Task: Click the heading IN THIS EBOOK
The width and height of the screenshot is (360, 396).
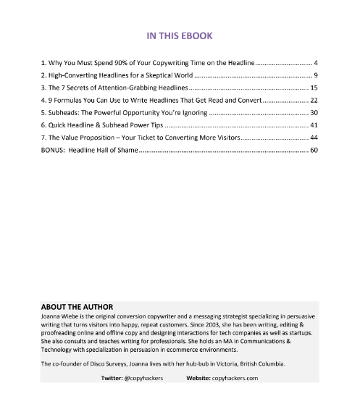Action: [180, 35]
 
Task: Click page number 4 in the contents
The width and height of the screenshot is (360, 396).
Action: [316, 64]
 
